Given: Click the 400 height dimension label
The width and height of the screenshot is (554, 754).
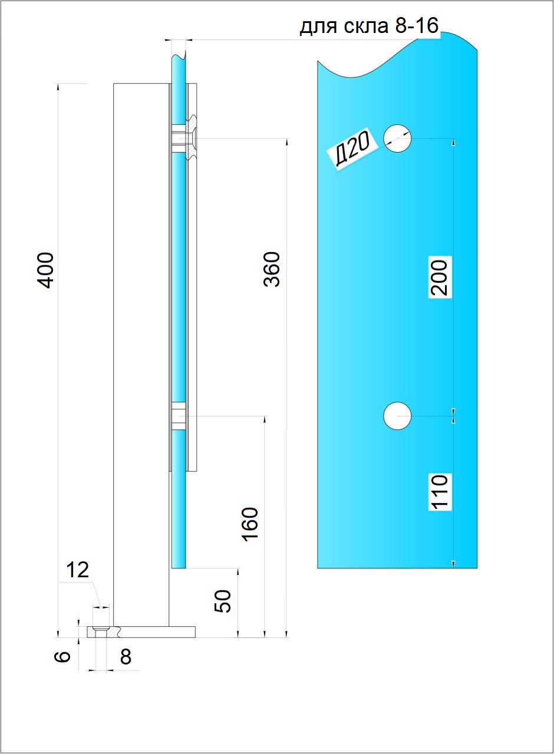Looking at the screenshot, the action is pyautogui.click(x=45, y=270).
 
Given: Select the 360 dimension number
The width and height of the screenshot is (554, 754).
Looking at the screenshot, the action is pyautogui.click(x=272, y=269).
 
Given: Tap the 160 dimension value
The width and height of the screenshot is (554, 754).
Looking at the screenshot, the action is pyautogui.click(x=250, y=524).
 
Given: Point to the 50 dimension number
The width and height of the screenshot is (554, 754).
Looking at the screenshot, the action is pyautogui.click(x=223, y=601).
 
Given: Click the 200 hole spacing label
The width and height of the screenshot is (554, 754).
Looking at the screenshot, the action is pyautogui.click(x=440, y=277).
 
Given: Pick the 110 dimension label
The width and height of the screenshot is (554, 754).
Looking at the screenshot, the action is pyautogui.click(x=440, y=492).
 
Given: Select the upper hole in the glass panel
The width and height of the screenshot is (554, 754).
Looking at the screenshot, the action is pyautogui.click(x=397, y=138).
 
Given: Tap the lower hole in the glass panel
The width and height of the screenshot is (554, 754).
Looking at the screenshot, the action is pyautogui.click(x=397, y=416).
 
